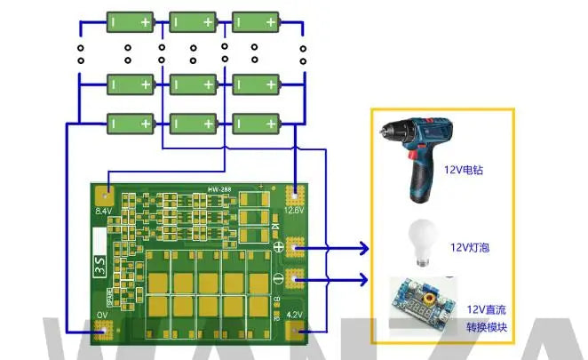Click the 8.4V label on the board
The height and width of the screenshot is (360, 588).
103,212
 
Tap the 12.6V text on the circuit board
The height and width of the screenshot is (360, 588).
294,212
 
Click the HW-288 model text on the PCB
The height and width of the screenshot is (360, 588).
219,190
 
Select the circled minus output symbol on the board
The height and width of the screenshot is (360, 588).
279,281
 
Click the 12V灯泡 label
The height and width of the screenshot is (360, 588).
471,246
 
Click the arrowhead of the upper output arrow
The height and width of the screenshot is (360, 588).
364,247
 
